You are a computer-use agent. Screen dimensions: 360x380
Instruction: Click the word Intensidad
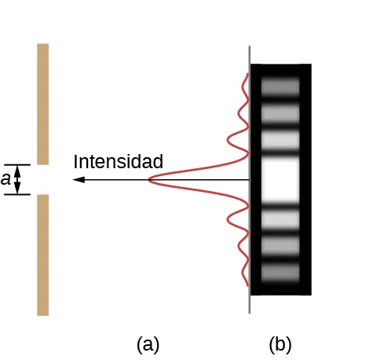coord(118,162)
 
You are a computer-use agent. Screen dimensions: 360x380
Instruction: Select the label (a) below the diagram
coord(148,343)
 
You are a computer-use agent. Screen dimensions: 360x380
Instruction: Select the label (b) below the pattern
coord(280,343)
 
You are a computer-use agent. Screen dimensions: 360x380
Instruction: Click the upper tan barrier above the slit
coord(42,102)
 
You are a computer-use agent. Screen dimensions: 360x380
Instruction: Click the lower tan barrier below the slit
coord(42,255)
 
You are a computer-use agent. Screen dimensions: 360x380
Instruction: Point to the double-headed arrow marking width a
coord(19,180)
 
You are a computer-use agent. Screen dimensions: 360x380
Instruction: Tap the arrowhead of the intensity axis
coord(76,180)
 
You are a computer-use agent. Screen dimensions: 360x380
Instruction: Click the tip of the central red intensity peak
coord(149,181)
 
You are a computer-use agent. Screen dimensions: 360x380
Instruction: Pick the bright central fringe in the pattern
coord(280,180)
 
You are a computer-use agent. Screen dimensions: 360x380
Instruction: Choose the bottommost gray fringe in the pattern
coord(280,273)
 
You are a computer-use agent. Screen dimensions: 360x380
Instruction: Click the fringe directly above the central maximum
coord(280,141)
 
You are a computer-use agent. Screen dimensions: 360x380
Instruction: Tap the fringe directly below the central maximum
coord(280,219)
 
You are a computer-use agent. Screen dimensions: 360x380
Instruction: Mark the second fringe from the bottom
coord(280,246)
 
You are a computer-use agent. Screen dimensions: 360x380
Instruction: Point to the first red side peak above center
coord(228,141)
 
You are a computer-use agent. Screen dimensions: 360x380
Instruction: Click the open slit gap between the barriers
coord(42,180)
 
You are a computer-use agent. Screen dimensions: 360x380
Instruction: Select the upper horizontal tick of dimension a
coord(17,165)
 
